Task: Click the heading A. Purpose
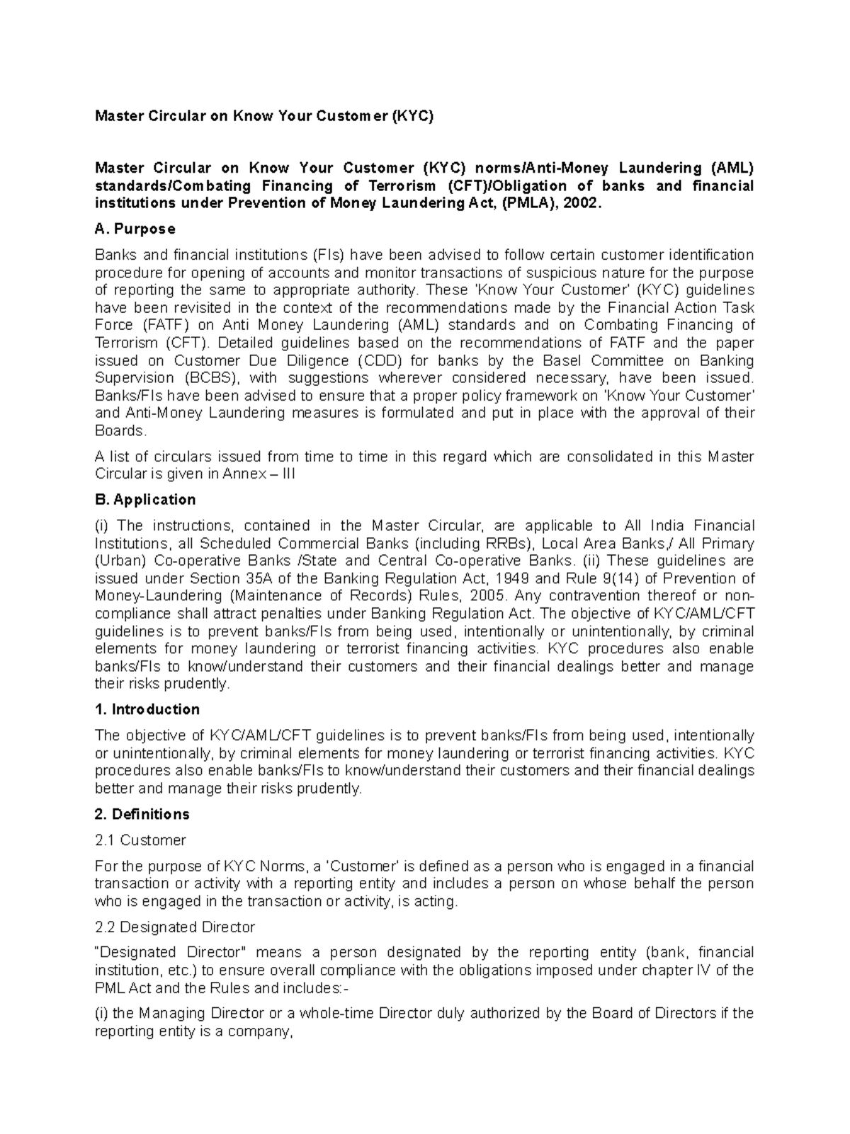(135, 229)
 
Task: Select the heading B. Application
(145, 500)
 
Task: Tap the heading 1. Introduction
(147, 710)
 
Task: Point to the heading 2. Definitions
(142, 815)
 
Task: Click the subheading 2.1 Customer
(140, 841)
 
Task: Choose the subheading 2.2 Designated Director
(175, 927)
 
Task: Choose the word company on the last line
(264, 1031)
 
